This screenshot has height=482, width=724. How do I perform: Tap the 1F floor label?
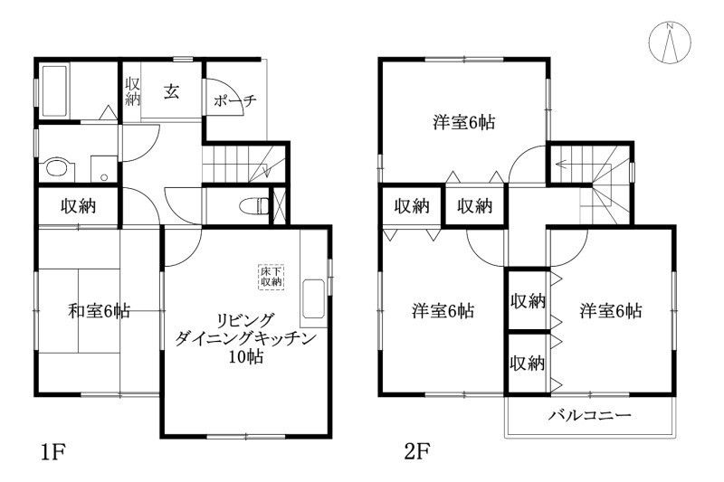point(52,449)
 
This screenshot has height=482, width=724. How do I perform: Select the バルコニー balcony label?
point(589,417)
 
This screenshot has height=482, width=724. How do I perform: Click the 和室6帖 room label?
point(99,312)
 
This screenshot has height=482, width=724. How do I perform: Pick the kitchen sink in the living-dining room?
point(310,298)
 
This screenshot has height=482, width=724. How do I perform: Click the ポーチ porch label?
point(235,101)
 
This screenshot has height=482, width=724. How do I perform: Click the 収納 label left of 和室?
point(79,206)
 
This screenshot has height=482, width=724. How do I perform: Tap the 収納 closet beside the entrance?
point(132,90)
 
